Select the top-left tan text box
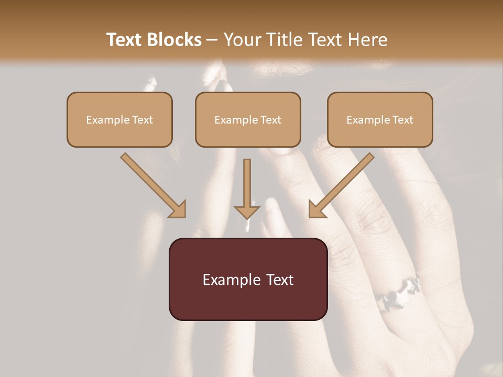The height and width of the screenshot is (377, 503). (x=119, y=119)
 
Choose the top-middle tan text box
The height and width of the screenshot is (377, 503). (x=248, y=119)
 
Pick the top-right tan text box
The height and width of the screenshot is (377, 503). (x=380, y=119)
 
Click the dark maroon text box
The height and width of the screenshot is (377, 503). (x=248, y=279)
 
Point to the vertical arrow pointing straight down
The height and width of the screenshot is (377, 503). (x=247, y=188)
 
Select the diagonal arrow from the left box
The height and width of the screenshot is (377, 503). (x=154, y=185)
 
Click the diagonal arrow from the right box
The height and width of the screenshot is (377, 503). (x=341, y=185)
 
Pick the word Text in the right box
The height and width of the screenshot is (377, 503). (x=403, y=120)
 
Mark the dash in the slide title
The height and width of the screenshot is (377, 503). (x=212, y=40)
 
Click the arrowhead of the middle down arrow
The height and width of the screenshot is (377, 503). (x=247, y=211)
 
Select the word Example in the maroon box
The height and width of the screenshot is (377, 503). (x=231, y=280)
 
